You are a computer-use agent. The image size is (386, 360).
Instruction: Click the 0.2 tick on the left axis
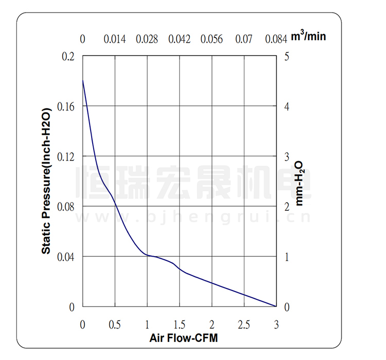coord(68,56)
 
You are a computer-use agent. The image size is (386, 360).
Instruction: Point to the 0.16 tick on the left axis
coord(65,106)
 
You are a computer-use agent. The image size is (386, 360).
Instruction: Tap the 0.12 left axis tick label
coord(65,156)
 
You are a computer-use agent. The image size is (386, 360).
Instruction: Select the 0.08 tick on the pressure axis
coord(65,206)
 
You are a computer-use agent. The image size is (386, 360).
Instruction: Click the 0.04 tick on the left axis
coord(65,257)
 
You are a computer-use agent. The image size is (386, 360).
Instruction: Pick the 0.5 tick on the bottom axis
coord(115,325)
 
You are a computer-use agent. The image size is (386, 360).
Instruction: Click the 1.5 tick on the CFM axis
coord(179,325)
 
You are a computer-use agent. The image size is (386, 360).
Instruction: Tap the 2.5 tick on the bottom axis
coord(244,325)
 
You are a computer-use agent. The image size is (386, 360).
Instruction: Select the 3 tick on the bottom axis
coord(276,325)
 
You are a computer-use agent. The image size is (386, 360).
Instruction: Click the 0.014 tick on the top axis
coord(115,39)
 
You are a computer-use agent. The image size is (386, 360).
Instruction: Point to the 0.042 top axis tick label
coord(179,39)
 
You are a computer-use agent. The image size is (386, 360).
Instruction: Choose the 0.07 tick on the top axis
coord(244,39)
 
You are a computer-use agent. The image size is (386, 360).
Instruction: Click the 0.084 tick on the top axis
coord(276,39)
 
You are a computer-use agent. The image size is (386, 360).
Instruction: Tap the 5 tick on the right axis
coord(287,56)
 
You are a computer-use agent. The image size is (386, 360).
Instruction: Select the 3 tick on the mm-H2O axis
coord(287,156)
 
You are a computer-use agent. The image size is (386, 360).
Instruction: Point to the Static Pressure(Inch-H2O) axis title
coord(46,181)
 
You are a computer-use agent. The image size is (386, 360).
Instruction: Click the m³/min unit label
coord(308,37)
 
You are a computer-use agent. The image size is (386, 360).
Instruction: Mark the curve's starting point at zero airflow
coord(82,80)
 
